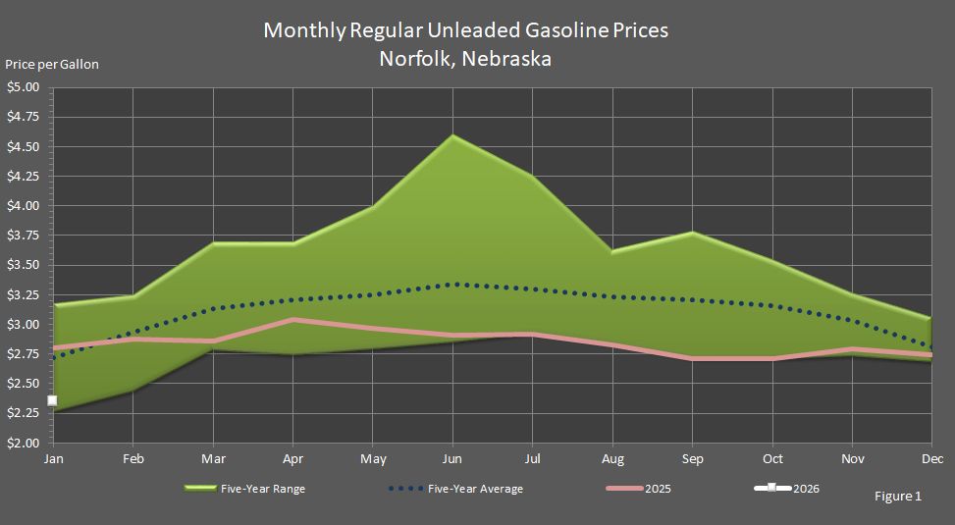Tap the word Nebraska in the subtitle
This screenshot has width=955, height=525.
(504, 59)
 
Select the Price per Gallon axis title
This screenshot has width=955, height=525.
(52, 65)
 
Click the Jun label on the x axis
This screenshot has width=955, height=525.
(451, 458)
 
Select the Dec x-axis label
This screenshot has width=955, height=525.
(932, 458)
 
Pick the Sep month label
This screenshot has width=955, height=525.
(692, 458)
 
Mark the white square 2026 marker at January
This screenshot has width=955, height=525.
(52, 400)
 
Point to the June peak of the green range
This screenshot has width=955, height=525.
(451, 135)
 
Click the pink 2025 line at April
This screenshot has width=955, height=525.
(292, 320)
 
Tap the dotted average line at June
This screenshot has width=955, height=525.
(451, 285)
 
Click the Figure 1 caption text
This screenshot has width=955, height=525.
(897, 497)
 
